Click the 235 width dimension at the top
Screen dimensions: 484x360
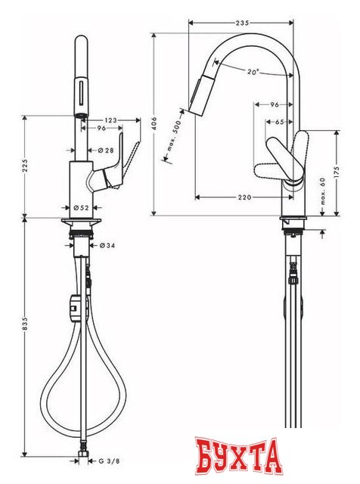pyautogui.click(x=241, y=23)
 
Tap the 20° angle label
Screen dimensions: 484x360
pyautogui.click(x=253, y=72)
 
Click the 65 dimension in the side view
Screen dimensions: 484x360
pyautogui.click(x=280, y=120)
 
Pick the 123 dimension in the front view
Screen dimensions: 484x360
pyautogui.click(x=110, y=119)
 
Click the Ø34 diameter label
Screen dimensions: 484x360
pyautogui.click(x=107, y=245)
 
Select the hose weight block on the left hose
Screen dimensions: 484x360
pyautogui.click(x=74, y=306)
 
